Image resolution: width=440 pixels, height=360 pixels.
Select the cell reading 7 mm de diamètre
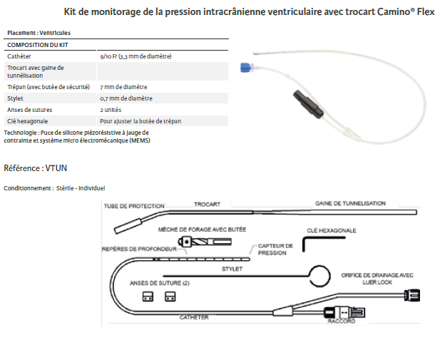[118, 86]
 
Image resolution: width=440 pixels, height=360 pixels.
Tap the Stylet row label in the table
[16, 98]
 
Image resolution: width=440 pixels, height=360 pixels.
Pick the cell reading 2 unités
[111, 110]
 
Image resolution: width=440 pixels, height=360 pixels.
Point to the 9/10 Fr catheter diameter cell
[135, 56]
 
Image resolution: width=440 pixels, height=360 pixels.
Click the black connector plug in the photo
[300, 96]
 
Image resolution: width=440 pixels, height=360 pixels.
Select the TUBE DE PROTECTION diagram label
[134, 206]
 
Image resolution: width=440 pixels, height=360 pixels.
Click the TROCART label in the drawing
[206, 205]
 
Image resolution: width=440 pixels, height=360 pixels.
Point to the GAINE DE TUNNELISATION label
[350, 203]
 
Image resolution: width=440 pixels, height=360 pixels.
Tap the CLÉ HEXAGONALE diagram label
[331, 230]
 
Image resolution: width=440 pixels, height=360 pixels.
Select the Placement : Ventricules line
[39, 33]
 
